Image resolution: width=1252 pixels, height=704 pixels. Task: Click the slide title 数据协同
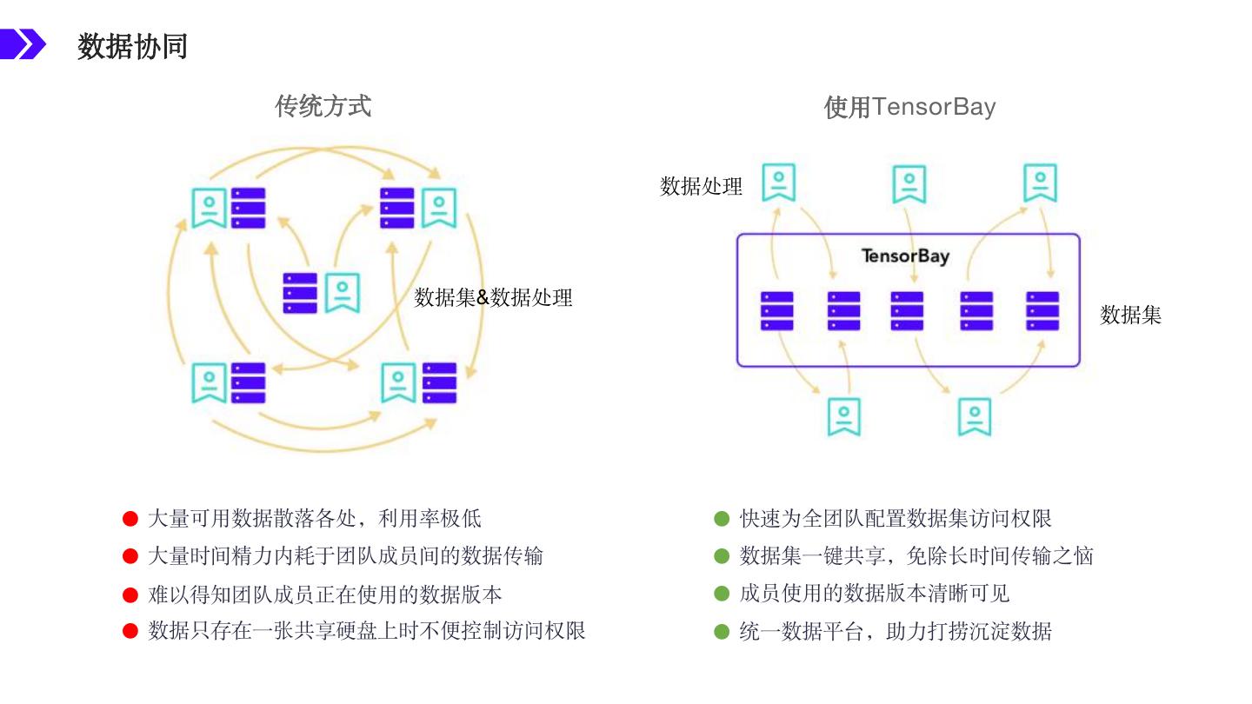pos(132,46)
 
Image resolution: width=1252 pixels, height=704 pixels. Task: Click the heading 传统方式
pos(323,106)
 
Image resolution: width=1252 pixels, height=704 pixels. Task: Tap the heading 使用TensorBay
pos(909,107)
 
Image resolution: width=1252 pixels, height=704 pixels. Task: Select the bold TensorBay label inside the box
pos(904,256)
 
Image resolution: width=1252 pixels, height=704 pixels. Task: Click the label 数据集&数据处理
pos(493,297)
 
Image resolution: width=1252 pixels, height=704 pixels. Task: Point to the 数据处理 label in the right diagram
pos(701,186)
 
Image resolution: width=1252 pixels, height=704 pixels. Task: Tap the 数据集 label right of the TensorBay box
pos(1130,315)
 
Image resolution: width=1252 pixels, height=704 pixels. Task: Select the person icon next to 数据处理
pos(778,183)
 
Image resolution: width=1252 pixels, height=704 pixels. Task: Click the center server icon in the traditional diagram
pos(300,293)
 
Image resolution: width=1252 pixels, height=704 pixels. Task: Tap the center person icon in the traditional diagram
pos(343,293)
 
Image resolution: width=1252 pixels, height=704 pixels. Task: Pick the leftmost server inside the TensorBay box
pos(776,311)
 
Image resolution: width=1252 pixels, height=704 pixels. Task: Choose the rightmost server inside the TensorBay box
pos(1042,311)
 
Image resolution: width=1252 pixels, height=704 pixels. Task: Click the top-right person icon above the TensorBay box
pos(1040,183)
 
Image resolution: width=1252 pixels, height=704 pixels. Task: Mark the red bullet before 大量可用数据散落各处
pos(130,519)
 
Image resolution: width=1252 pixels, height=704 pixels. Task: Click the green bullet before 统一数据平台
pos(721,631)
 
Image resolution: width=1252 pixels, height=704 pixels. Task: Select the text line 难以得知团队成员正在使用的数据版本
pos(324,594)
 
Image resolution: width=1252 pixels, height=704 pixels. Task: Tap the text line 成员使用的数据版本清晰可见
pos(874,594)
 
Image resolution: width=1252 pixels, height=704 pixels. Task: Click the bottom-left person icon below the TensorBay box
pos(843,416)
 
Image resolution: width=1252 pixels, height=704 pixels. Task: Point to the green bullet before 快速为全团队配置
pos(721,519)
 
